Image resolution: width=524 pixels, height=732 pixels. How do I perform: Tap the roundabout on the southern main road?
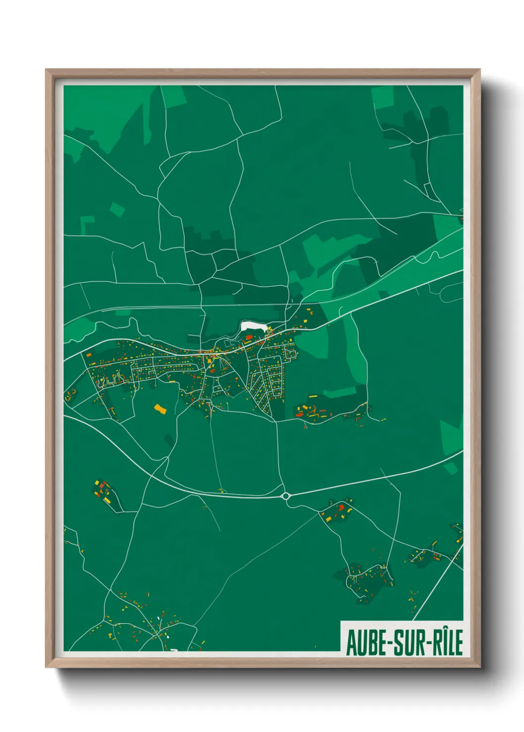click(x=286, y=496)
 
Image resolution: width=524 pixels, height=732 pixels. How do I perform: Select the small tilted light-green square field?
click(x=117, y=209)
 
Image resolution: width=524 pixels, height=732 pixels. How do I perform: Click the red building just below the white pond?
click(x=249, y=337)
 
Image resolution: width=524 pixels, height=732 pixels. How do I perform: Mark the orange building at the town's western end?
click(x=89, y=354)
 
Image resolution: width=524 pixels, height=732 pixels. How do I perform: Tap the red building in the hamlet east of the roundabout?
click(x=340, y=507)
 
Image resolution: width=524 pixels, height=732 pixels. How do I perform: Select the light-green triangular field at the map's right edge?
click(x=451, y=437)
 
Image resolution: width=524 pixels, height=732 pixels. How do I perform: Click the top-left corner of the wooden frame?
click(x=47, y=70)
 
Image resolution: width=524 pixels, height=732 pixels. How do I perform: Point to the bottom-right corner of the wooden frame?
click(x=479, y=666)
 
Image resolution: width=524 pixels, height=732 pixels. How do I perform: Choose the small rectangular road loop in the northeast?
click(x=428, y=190)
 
